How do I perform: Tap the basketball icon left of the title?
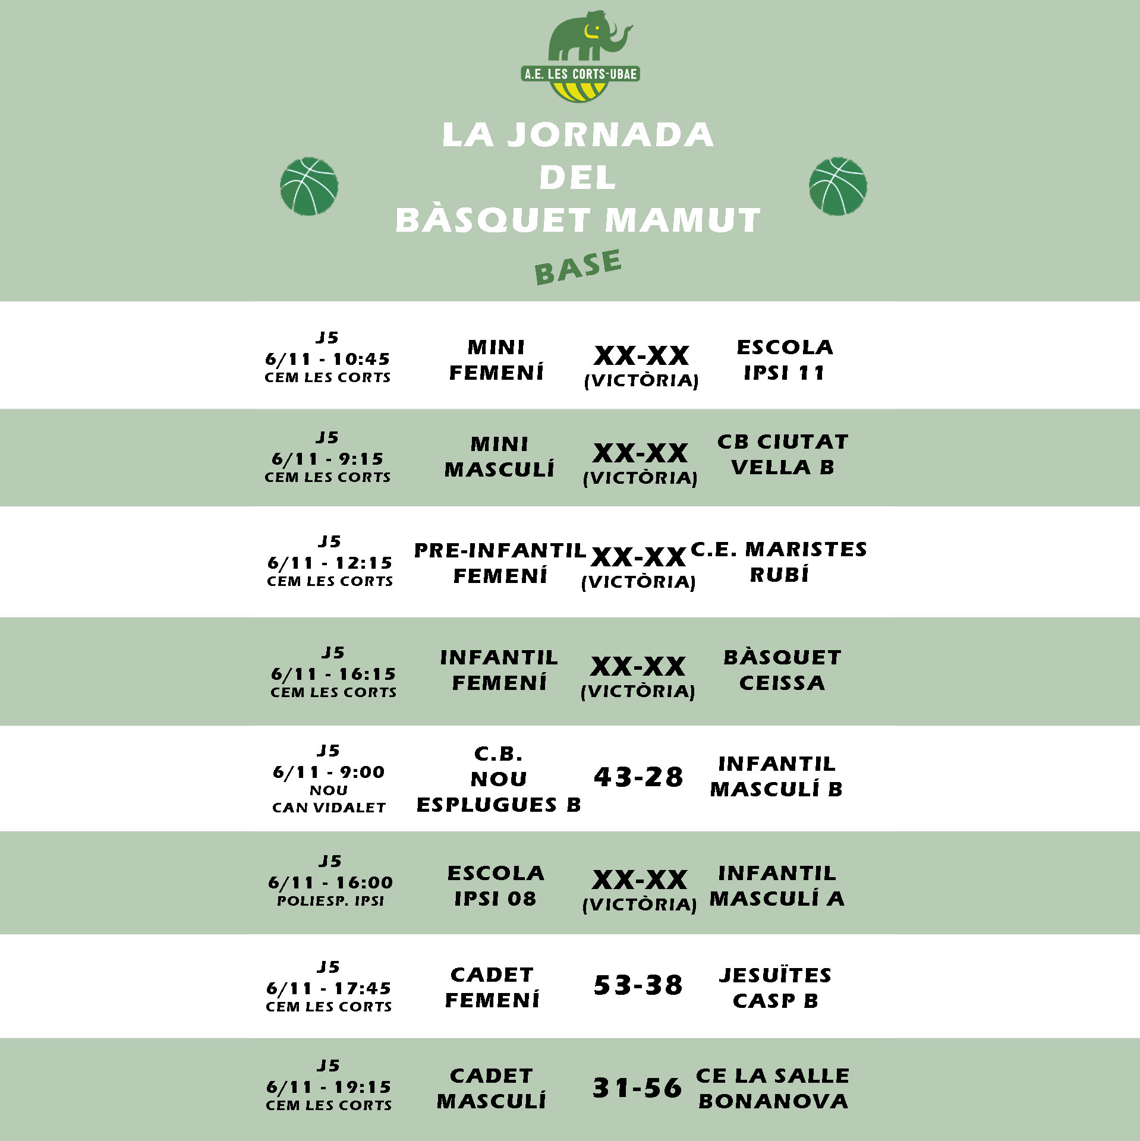pyautogui.click(x=309, y=186)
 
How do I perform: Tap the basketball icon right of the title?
pyautogui.click(x=837, y=186)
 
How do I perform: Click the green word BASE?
pyautogui.click(x=578, y=267)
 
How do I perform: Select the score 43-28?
pyautogui.click(x=638, y=777)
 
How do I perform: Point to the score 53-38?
pyautogui.click(x=638, y=985)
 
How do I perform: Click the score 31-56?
pyautogui.click(x=637, y=1088)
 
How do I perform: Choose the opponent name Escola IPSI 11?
pyautogui.click(x=785, y=360)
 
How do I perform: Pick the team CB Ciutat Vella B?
pyautogui.click(x=783, y=455)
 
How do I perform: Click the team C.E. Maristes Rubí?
pyautogui.click(x=779, y=562)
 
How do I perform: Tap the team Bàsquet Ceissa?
pyautogui.click(x=782, y=670)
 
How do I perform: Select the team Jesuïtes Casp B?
pyautogui.click(x=775, y=988)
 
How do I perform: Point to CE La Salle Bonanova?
pyautogui.click(x=773, y=1088)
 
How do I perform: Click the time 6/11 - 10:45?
pyautogui.click(x=327, y=359)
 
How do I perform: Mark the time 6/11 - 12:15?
pyautogui.click(x=330, y=563)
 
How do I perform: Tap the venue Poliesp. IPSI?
pyautogui.click(x=330, y=901)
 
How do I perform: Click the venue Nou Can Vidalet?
pyautogui.click(x=329, y=799)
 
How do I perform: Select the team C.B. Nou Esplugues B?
pyautogui.click(x=499, y=779)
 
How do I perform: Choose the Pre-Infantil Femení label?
pyautogui.click(x=500, y=563)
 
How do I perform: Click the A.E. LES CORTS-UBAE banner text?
pyautogui.click(x=580, y=74)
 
